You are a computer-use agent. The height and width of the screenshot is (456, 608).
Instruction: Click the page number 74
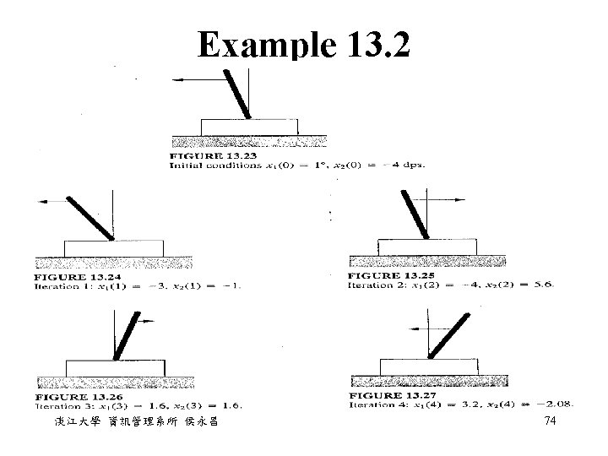551,421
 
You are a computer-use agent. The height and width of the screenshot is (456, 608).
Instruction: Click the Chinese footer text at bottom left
130,421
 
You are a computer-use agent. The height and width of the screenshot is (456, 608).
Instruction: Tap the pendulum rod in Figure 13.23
237,93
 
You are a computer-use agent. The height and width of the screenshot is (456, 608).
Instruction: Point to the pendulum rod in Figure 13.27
449,334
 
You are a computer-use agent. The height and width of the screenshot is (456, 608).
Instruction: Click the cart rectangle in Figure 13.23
249,127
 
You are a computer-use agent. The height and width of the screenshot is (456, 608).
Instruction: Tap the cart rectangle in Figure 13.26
115,366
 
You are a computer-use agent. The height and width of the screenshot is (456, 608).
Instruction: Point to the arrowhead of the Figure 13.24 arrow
39,200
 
